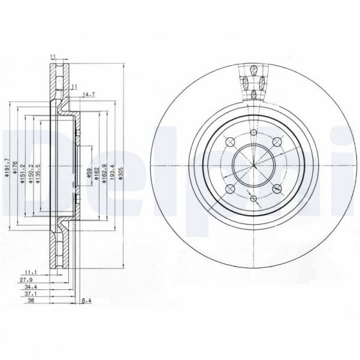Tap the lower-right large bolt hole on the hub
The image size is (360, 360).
[277, 188]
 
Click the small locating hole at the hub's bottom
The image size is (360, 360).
[253, 198]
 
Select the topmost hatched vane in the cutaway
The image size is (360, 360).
[253, 69]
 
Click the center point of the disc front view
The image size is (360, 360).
[253, 165]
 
